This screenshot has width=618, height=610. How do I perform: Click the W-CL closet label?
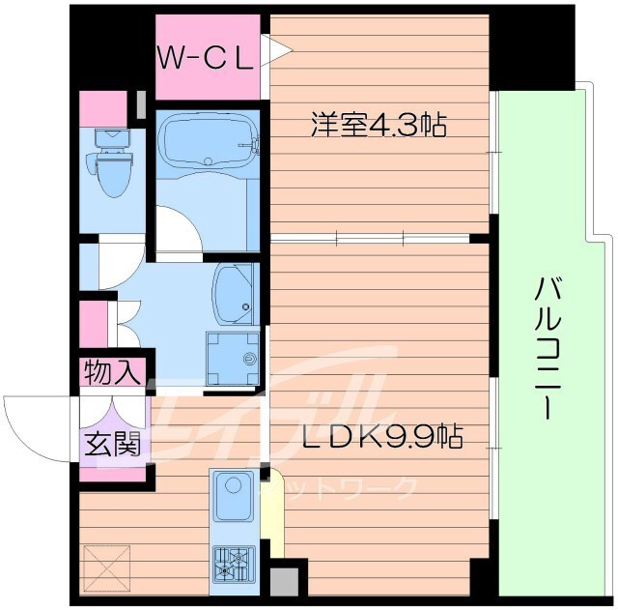tap(207, 57)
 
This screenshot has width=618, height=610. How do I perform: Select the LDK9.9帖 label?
tap(382, 437)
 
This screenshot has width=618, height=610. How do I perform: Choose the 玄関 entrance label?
tap(113, 444)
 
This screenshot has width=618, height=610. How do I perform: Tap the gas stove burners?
tap(232, 563)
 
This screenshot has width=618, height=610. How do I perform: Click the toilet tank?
tap(112, 136)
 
